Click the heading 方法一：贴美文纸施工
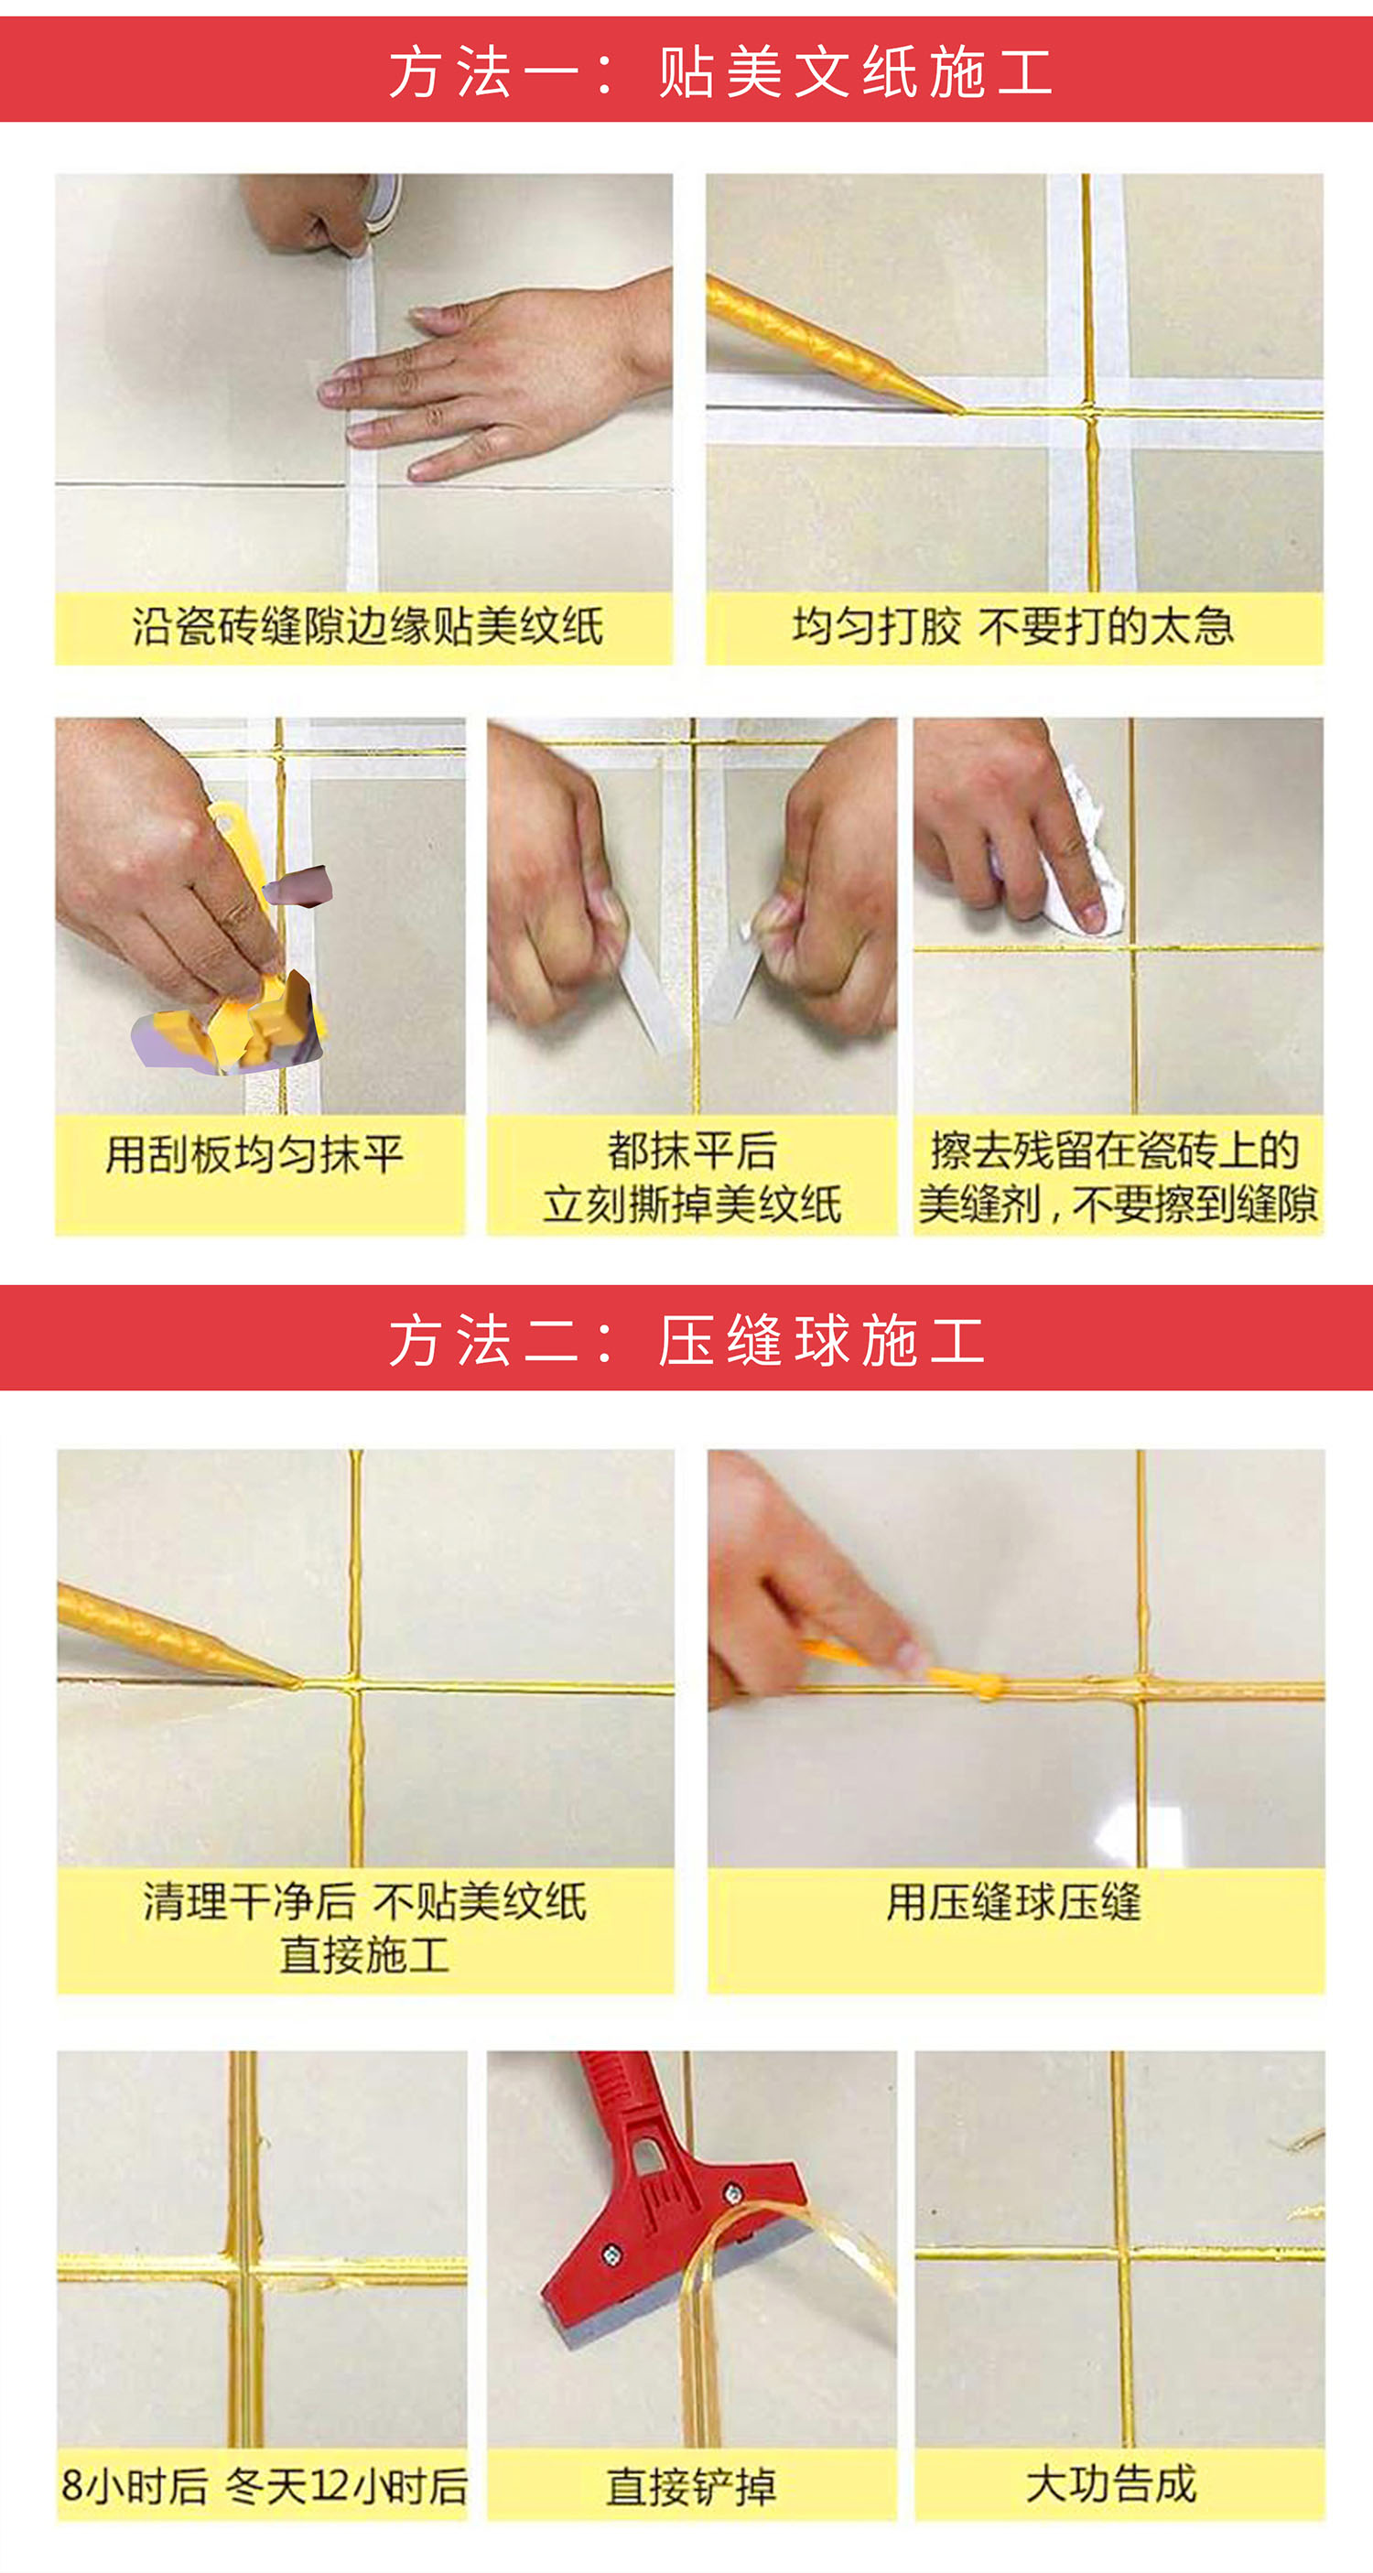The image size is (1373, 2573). [721, 72]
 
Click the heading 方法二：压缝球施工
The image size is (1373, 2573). [687, 1339]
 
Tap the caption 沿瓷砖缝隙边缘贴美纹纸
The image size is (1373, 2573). [366, 626]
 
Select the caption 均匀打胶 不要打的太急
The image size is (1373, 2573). [1013, 626]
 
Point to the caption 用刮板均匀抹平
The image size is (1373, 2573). [254, 1154]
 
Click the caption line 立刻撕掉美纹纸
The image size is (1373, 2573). [692, 1205]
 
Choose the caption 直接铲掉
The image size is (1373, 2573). [691, 2486]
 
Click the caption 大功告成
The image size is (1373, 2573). [1111, 2484]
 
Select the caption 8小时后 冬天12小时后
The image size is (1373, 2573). [264, 2486]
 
